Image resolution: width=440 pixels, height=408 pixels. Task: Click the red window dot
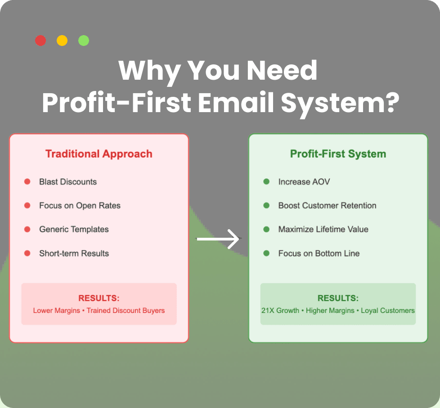tap(40, 41)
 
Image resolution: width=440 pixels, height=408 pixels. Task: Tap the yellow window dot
tap(62, 41)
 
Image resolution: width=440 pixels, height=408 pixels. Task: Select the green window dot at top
tap(84, 41)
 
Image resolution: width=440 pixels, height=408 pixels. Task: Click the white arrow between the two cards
tap(218, 239)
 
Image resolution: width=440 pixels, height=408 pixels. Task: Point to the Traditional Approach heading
tap(99, 154)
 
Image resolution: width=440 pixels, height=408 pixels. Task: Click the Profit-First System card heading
tap(338, 154)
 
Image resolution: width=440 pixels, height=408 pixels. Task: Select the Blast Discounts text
tap(68, 181)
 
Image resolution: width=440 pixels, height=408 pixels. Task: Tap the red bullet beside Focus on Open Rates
tap(27, 205)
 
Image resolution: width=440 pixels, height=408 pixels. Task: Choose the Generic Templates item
tap(74, 229)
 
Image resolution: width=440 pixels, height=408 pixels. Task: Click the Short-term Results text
tap(74, 253)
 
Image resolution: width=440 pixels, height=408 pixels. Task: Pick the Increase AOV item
tap(304, 181)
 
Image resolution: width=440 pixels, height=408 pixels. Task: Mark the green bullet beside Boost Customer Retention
tap(266, 205)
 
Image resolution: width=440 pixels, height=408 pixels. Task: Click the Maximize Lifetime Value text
tap(323, 229)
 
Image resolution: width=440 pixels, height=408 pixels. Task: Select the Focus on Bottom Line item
tap(319, 253)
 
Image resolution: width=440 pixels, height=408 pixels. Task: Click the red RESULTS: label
tap(99, 298)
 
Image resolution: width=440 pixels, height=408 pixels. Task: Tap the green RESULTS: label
tap(338, 298)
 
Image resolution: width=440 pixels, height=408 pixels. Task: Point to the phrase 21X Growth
tap(280, 311)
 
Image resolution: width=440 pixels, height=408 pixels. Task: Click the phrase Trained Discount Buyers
tap(126, 311)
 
